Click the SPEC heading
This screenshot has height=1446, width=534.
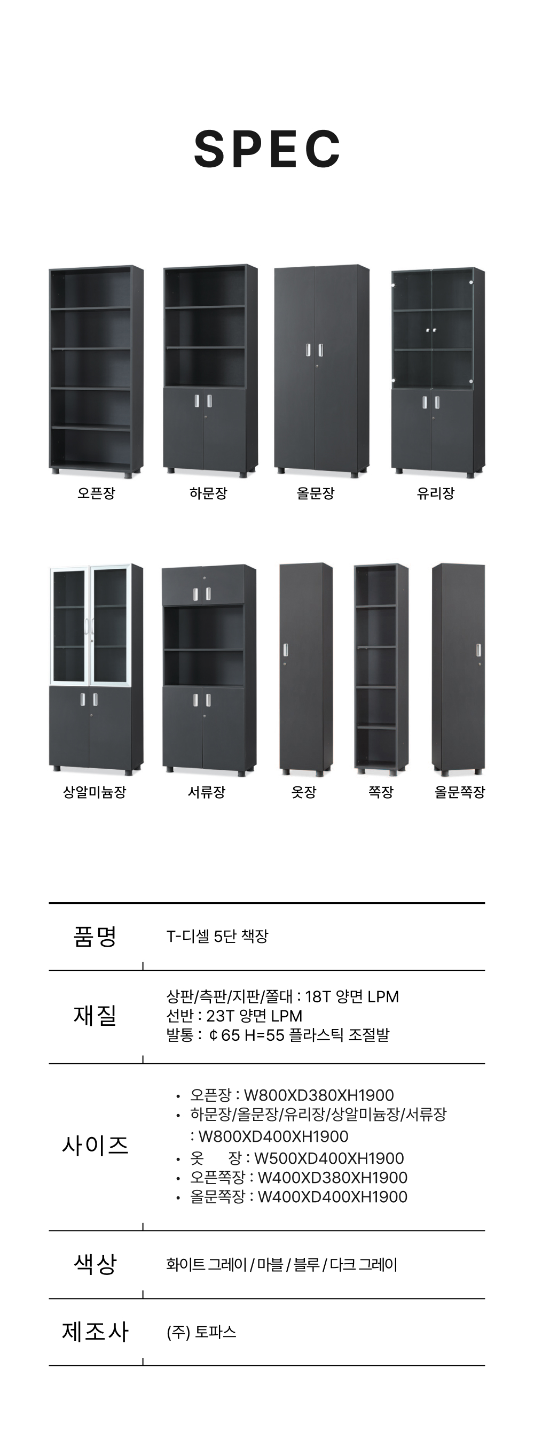point(267,149)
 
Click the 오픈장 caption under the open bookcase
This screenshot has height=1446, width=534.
point(96,493)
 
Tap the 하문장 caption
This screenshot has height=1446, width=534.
point(208,493)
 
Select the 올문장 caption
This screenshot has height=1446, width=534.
point(315,493)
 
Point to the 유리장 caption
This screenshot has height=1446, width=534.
point(435,493)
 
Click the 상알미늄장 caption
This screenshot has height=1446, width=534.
point(94,792)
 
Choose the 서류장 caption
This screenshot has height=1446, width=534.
point(207,792)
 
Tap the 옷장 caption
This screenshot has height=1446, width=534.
point(304,792)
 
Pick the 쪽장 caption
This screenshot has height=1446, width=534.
point(381,792)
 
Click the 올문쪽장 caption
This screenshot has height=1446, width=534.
point(459,792)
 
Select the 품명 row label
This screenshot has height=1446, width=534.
point(95,937)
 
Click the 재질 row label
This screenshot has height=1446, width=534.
point(95,1016)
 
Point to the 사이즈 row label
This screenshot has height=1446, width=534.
point(95,1145)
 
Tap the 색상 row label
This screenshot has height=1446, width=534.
point(95,1264)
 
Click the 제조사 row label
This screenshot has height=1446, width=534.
point(95,1332)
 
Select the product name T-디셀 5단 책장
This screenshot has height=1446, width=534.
point(217,937)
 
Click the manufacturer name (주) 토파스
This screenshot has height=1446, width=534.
point(201,1332)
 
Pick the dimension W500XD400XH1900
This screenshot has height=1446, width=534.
point(329,1158)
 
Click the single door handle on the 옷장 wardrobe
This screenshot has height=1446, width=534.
point(286,650)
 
